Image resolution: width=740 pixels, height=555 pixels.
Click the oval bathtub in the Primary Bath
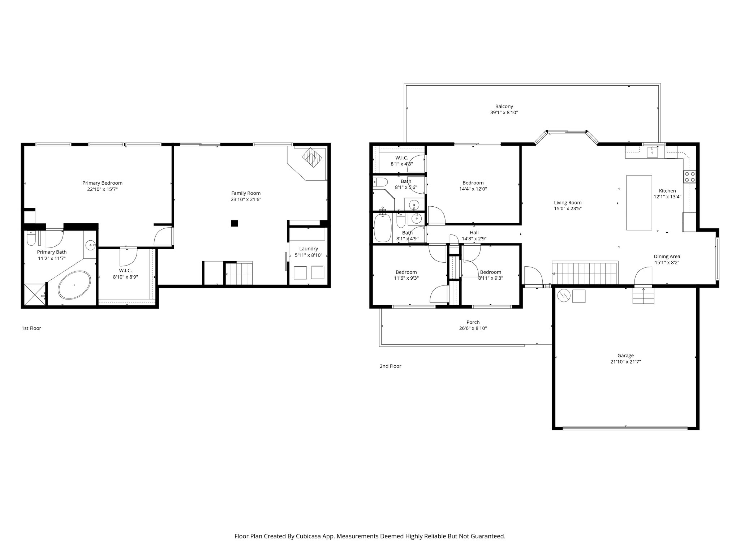(74, 285)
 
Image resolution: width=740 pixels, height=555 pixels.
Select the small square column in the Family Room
(235, 223)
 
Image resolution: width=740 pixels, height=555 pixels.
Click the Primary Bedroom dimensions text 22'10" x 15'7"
(102, 189)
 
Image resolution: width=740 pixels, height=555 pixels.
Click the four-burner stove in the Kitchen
(689, 176)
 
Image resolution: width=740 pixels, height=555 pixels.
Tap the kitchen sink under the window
(652, 152)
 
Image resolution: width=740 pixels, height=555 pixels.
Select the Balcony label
(504, 107)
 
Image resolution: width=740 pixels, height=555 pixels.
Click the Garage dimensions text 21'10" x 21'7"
(625, 361)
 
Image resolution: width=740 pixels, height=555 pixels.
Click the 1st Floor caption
(31, 328)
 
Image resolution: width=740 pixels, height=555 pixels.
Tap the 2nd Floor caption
(390, 366)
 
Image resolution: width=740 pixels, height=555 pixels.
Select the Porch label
(473, 322)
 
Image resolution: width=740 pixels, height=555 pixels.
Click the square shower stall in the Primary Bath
(35, 295)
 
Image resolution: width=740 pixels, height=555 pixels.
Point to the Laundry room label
(309, 249)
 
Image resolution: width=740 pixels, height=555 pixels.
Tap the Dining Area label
(667, 257)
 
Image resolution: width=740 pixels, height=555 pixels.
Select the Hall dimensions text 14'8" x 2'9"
(474, 238)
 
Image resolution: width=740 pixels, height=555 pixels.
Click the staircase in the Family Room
(239, 274)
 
